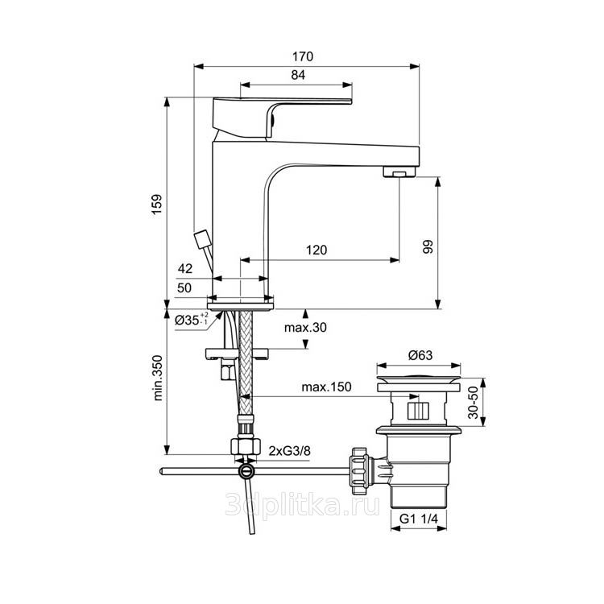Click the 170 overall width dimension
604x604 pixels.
pos(303,56)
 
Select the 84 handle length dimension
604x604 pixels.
pos(298,75)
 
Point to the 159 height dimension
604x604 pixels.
pos(157,205)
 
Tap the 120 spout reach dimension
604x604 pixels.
pos(316,250)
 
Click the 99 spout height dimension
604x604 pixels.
pos(428,246)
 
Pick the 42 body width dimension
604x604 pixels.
pos(185,268)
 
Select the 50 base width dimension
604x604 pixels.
pos(184,288)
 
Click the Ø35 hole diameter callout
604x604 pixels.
pos(192,320)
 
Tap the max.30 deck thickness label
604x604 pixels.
pos(305,328)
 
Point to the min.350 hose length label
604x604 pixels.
pos(158,378)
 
